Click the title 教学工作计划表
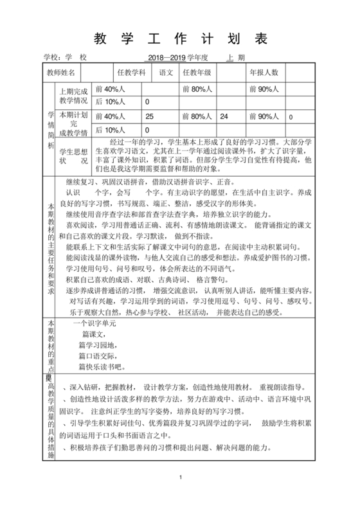[x=180, y=39]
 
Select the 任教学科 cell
[x=131, y=73]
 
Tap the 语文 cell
[x=166, y=73]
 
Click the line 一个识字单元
[x=94, y=324]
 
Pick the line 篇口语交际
[x=99, y=356]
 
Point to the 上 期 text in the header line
[x=236, y=57]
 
